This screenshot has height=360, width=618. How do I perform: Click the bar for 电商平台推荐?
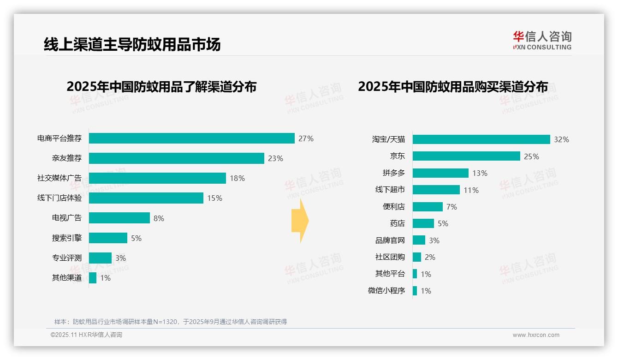tap(191, 138)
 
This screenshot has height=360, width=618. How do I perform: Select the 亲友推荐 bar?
tap(176, 158)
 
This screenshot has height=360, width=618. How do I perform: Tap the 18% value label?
tap(237, 178)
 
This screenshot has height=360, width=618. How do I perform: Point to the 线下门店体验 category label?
tap(59, 198)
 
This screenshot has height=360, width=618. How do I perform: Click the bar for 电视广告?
tap(119, 218)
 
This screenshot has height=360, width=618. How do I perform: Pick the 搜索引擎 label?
tap(67, 238)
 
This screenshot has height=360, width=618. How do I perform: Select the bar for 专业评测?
tap(100, 258)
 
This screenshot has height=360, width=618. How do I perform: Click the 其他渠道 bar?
tap(93, 278)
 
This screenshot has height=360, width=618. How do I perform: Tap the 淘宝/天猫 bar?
tap(481, 139)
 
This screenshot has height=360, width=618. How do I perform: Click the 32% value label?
tap(561, 139)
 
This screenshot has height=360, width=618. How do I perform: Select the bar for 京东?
tap(466, 156)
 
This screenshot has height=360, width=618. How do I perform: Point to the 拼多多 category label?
tap(393, 173)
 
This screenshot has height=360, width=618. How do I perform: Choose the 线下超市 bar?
tap(436, 190)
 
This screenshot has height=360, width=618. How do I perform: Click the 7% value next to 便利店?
tap(452, 207)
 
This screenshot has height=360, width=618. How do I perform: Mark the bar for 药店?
tap(423, 223)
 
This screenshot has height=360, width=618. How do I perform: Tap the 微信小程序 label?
tap(386, 291)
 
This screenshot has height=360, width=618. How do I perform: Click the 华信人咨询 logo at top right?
tap(542, 41)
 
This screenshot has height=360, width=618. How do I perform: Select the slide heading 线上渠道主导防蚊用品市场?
tap(132, 44)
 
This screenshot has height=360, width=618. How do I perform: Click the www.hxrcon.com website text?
tap(536, 335)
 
